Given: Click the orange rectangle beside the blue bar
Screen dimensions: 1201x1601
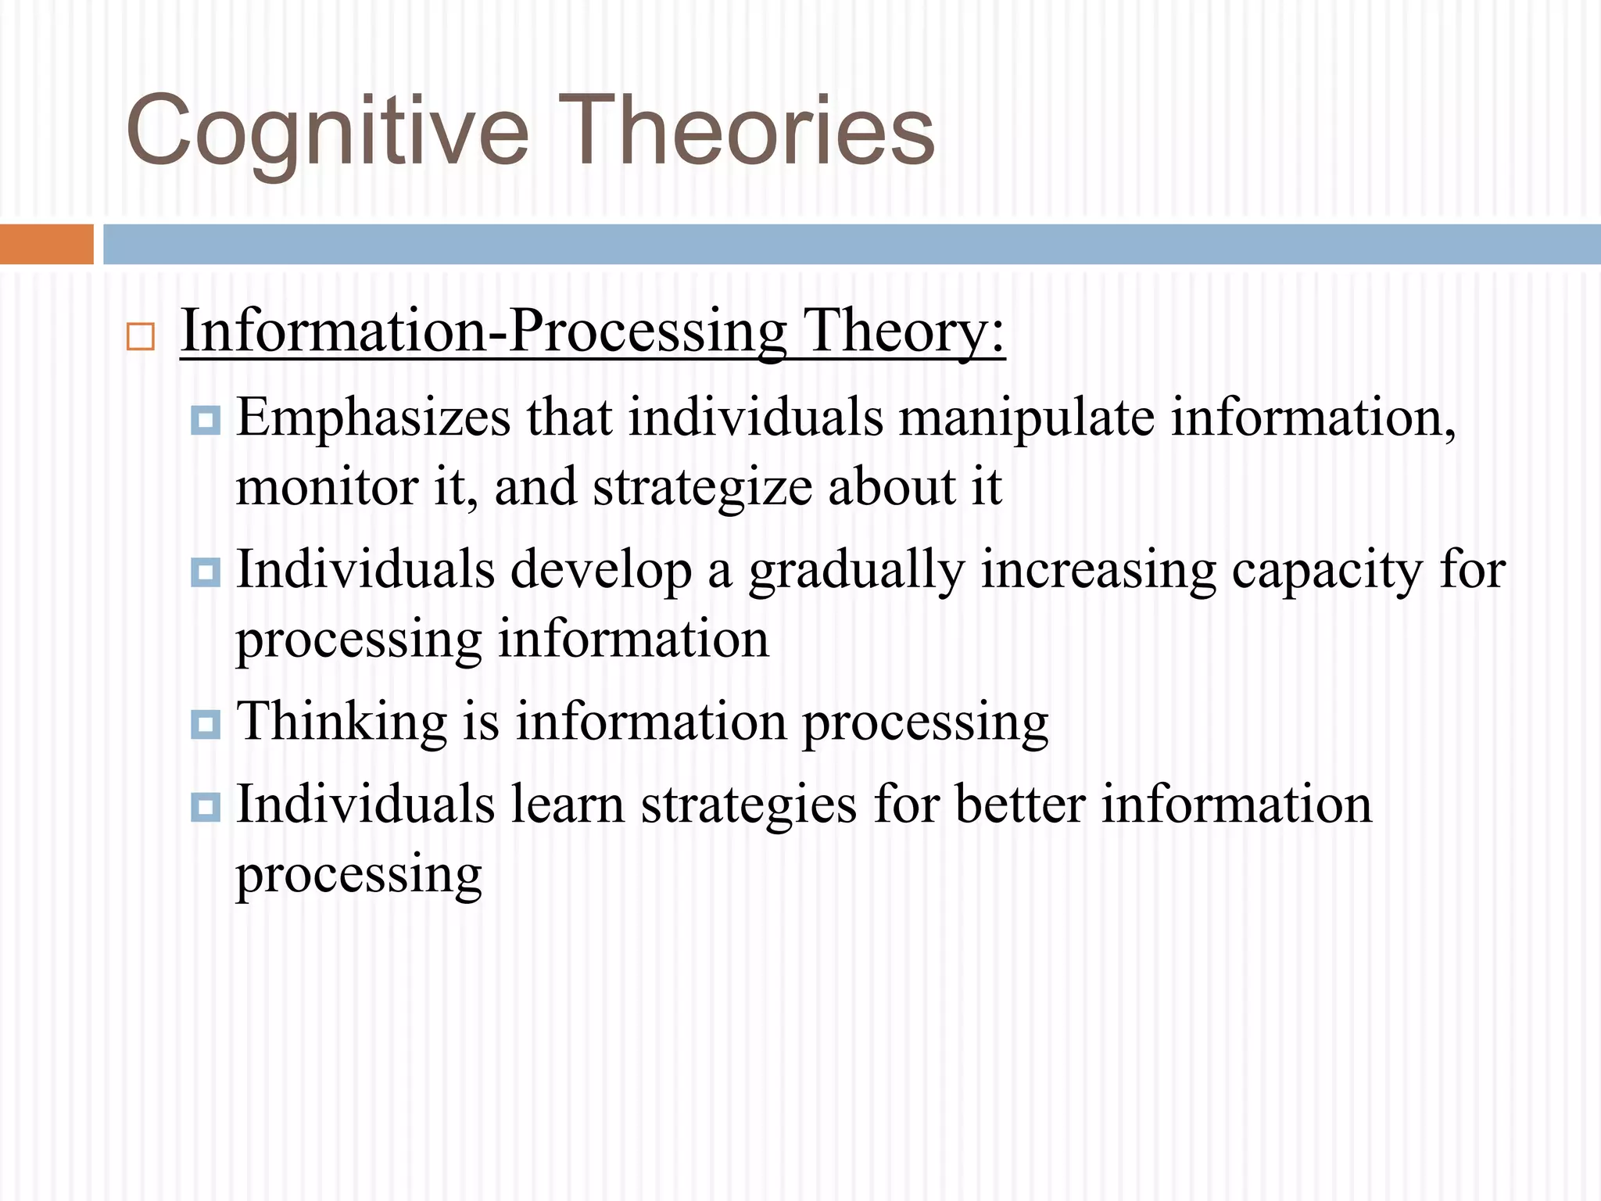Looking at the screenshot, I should pyautogui.click(x=46, y=244).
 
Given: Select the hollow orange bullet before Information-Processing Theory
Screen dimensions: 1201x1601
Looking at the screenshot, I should pyautogui.click(x=141, y=336).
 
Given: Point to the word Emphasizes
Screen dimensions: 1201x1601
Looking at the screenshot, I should pyautogui.click(x=373, y=418).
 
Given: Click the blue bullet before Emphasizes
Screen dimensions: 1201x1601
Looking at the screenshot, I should pyautogui.click(x=206, y=420).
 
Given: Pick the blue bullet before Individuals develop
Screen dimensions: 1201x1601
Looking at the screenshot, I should pyautogui.click(x=206, y=572).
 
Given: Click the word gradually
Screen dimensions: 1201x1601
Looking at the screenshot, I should pyautogui.click(x=857, y=572).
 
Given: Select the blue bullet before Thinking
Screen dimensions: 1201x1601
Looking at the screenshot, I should pyautogui.click(x=206, y=724).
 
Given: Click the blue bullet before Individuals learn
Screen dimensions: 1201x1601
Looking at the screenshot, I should pyautogui.click(x=206, y=806).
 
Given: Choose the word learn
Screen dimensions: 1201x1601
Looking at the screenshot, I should pyautogui.click(x=568, y=805).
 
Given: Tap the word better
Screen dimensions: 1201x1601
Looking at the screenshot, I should pyautogui.click(x=1020, y=805).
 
